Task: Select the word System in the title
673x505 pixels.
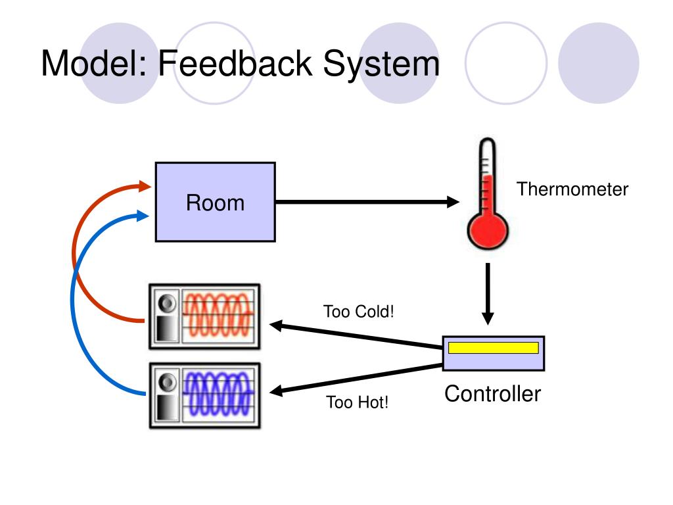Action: point(381,64)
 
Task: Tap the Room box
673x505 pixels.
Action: point(215,202)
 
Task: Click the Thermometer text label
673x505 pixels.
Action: point(572,189)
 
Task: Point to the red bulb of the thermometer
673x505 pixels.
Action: point(488,231)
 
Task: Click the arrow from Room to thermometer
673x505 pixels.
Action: point(367,201)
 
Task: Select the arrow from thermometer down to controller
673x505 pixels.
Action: point(488,294)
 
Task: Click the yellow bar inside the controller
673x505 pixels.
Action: point(493,348)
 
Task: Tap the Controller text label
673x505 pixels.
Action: point(493,393)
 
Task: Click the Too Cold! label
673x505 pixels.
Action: point(358,311)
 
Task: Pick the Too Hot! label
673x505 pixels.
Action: point(357,402)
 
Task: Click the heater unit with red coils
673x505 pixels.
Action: point(204,316)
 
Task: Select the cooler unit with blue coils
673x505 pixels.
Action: point(205,395)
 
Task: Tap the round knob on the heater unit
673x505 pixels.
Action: point(167,303)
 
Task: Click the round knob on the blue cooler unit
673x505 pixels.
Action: point(167,382)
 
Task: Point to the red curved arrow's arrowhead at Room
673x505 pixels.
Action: point(145,186)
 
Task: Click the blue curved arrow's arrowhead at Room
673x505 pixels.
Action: point(143,215)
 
